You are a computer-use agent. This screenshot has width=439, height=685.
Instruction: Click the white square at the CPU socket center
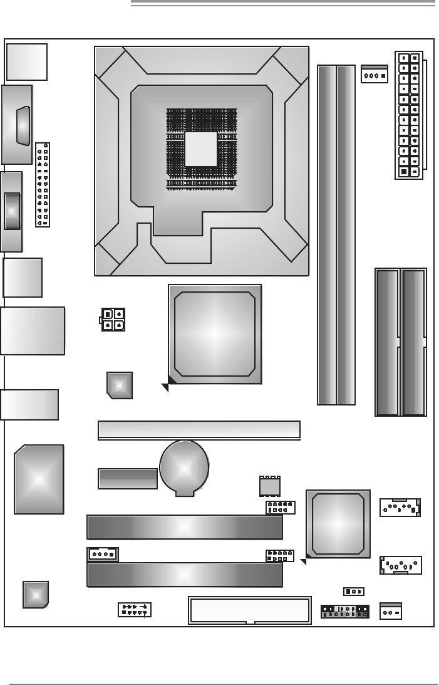(x=201, y=149)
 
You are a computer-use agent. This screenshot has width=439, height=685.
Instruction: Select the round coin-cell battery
(x=183, y=467)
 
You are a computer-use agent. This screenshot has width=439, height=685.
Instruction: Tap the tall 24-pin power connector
(x=409, y=115)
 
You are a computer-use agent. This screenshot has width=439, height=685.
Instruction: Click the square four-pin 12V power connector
(x=113, y=320)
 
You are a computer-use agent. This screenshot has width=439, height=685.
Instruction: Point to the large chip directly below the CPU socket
(x=214, y=333)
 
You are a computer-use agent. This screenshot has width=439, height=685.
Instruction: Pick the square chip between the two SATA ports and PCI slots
(x=338, y=524)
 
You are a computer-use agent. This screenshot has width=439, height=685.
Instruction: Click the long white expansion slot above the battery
(x=199, y=429)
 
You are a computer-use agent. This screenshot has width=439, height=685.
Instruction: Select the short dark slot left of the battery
(x=128, y=479)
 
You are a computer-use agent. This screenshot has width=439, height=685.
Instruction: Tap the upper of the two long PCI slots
(x=185, y=527)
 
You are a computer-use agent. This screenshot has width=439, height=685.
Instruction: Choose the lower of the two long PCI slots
(x=185, y=575)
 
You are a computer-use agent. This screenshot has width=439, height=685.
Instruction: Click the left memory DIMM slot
(x=326, y=235)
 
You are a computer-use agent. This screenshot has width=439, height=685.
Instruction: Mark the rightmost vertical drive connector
(x=414, y=342)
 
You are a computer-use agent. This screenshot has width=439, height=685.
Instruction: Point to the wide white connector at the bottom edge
(x=250, y=610)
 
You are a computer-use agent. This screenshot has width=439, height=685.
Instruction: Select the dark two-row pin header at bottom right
(x=344, y=612)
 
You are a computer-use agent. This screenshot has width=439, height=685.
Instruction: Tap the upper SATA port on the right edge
(x=400, y=508)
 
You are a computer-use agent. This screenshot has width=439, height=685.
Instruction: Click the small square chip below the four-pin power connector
(x=120, y=385)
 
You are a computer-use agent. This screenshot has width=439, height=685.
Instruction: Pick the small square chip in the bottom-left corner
(x=36, y=594)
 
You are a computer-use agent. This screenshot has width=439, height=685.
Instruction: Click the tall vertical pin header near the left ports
(x=43, y=185)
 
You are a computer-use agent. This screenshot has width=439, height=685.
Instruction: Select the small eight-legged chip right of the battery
(x=269, y=486)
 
